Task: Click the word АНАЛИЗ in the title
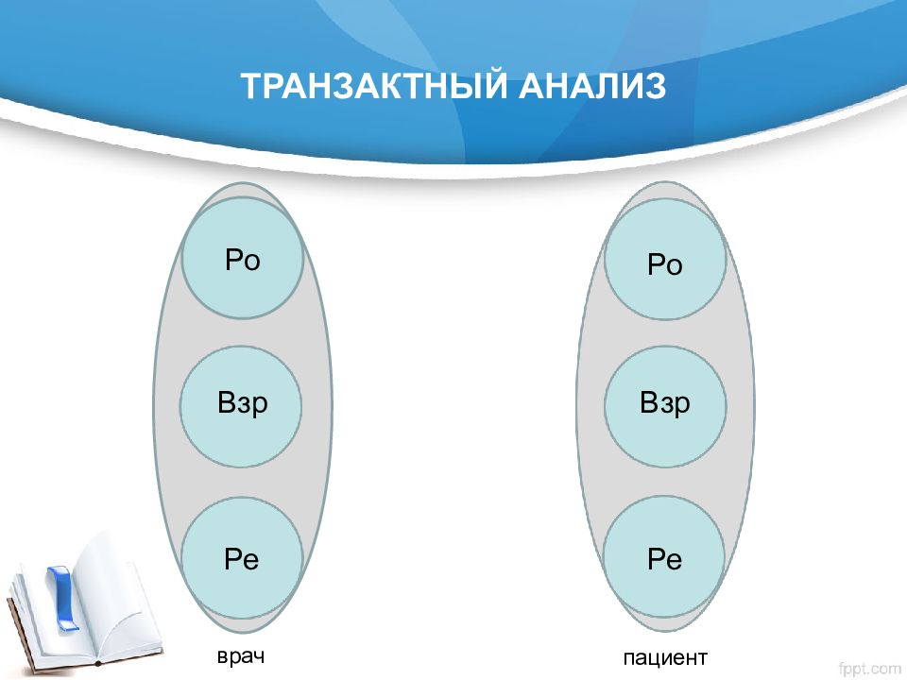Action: click(x=591, y=86)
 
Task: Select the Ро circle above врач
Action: click(x=243, y=258)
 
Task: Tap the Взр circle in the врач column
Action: click(x=241, y=406)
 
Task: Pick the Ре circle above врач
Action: click(x=242, y=557)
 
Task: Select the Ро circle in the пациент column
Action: click(x=665, y=259)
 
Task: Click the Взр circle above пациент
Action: click(x=665, y=406)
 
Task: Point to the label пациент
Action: click(x=665, y=658)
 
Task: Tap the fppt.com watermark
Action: click(x=869, y=669)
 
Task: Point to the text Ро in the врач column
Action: click(x=243, y=260)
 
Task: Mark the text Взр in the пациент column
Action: click(x=664, y=402)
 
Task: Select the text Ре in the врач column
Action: click(x=241, y=558)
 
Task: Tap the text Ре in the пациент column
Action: click(x=664, y=559)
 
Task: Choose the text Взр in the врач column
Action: click(x=243, y=402)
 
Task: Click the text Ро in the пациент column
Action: click(x=664, y=264)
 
